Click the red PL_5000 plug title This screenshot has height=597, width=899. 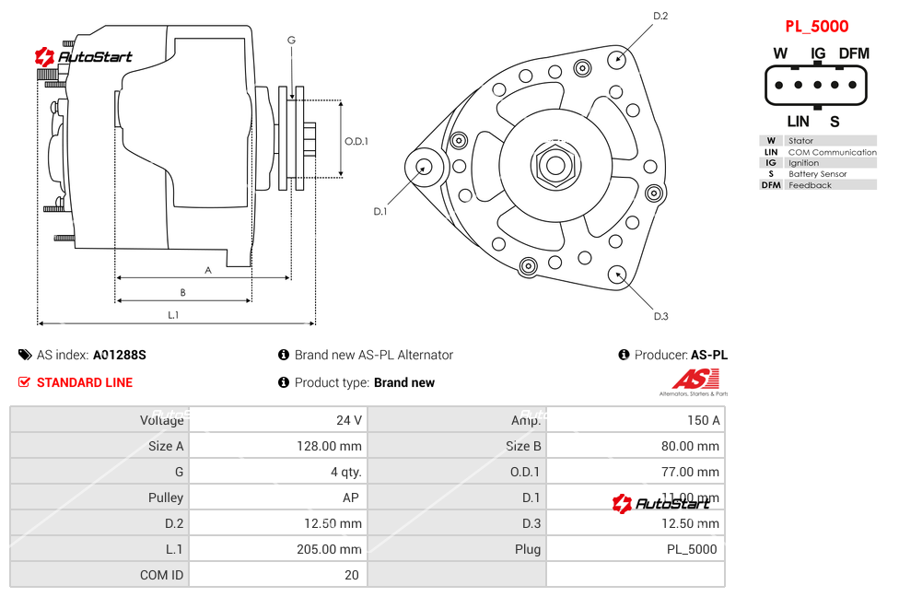[816, 27]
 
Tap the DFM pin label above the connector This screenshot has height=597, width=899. [854, 53]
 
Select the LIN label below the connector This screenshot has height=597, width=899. [798, 122]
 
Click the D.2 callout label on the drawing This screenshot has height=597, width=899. [660, 16]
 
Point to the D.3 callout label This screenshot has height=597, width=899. [660, 317]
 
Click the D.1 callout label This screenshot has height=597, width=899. [379, 212]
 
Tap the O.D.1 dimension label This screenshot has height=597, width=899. [356, 141]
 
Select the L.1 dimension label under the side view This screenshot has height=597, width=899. [173, 315]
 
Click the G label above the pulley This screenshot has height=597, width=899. [291, 40]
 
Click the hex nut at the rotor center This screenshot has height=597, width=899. [555, 166]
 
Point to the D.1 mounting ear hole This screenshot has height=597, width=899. [425, 167]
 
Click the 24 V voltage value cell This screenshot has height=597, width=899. [349, 420]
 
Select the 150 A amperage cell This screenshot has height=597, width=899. [704, 420]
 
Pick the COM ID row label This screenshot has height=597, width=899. [161, 575]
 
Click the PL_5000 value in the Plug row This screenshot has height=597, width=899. [692, 549]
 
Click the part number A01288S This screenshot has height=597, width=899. [120, 355]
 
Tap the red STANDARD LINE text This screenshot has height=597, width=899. [85, 382]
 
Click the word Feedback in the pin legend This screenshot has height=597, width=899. [810, 185]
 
